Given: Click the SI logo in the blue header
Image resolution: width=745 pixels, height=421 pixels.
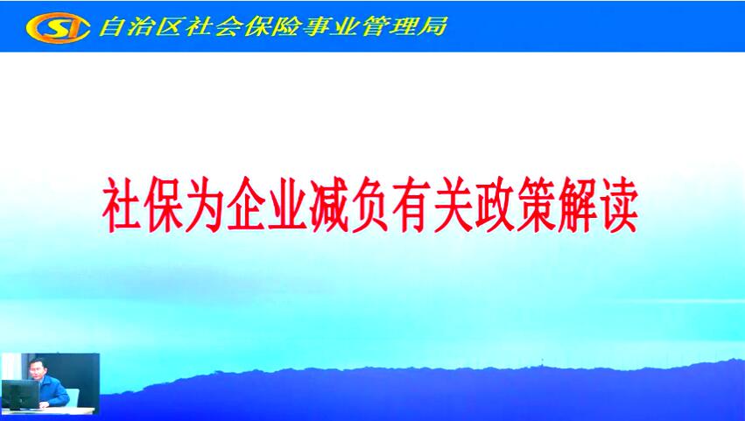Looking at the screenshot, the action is click(58, 27).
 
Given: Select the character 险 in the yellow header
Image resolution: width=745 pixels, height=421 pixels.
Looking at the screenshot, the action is click(285, 26).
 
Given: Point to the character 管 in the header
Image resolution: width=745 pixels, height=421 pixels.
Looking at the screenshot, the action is click(376, 26).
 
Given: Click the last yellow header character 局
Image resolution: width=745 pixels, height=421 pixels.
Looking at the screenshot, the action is click(432, 26).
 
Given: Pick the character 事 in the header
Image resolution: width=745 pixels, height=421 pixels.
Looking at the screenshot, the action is click(316, 26).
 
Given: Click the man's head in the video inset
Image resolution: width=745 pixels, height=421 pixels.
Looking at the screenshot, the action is click(36, 368).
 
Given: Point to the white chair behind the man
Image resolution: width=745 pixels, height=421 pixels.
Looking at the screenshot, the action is click(73, 396).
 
